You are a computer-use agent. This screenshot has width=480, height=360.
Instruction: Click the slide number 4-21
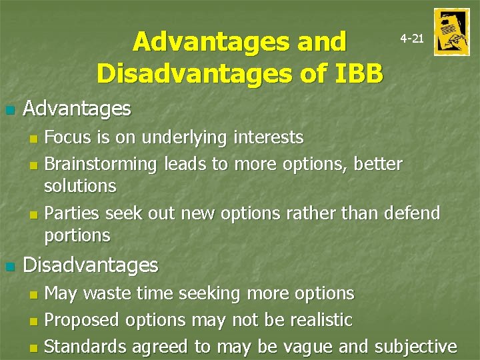click(x=411, y=39)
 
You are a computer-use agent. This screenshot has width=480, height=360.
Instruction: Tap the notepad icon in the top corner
click(x=451, y=32)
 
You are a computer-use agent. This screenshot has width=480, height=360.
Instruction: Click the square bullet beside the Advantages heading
click(x=9, y=109)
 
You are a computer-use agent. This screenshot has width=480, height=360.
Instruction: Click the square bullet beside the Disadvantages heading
click(x=9, y=267)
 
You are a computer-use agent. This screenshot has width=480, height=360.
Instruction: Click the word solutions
click(x=80, y=186)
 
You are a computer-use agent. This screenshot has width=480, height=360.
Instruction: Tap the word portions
click(x=77, y=235)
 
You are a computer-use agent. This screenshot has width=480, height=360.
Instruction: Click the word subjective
click(x=416, y=347)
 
